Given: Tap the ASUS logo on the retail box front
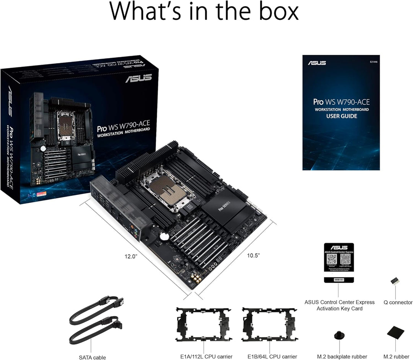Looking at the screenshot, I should point(138,78).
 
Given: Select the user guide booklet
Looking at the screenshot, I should point(341,112).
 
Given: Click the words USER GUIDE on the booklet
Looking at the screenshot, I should point(341,116).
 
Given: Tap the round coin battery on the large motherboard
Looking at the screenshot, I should point(164,236).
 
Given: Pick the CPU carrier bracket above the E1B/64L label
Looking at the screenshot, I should point(269,324).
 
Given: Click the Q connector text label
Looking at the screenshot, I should point(398,302).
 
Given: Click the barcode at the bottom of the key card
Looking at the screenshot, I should point(338,280).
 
